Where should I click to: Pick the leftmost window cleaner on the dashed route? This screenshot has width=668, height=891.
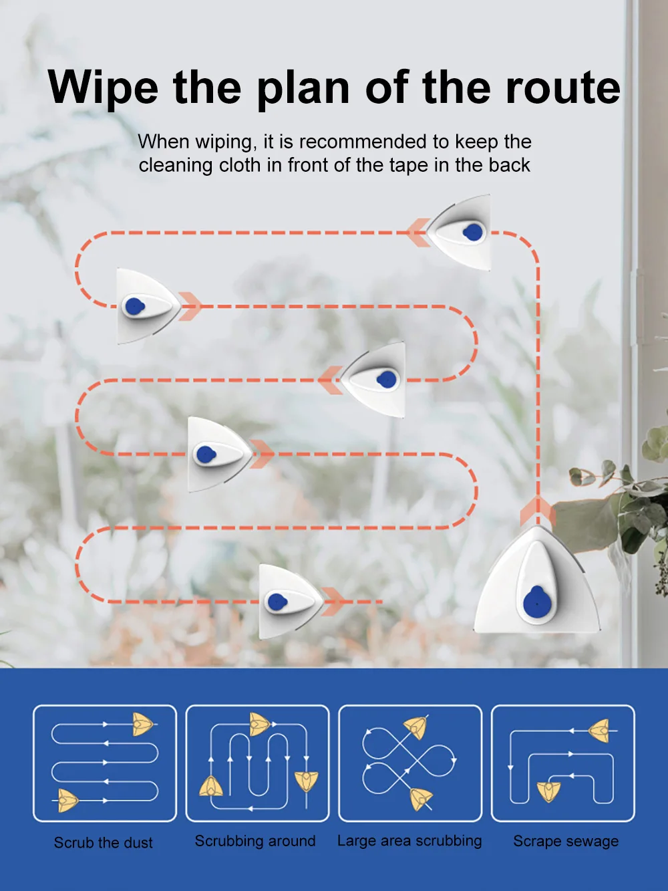(148, 306)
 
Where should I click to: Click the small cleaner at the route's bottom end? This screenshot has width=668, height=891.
(291, 601)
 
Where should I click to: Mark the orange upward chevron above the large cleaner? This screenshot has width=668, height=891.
(538, 512)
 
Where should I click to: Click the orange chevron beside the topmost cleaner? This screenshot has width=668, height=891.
(417, 233)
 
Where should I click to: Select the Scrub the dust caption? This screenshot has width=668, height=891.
(104, 843)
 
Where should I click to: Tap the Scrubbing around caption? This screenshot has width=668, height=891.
(255, 841)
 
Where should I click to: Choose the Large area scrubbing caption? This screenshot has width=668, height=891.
(409, 841)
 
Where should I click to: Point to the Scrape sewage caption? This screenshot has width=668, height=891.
(566, 841)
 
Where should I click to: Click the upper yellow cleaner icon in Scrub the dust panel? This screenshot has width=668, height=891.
(143, 725)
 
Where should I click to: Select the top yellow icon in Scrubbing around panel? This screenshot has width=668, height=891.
(259, 724)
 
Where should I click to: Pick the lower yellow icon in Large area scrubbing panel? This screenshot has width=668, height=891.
(422, 797)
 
